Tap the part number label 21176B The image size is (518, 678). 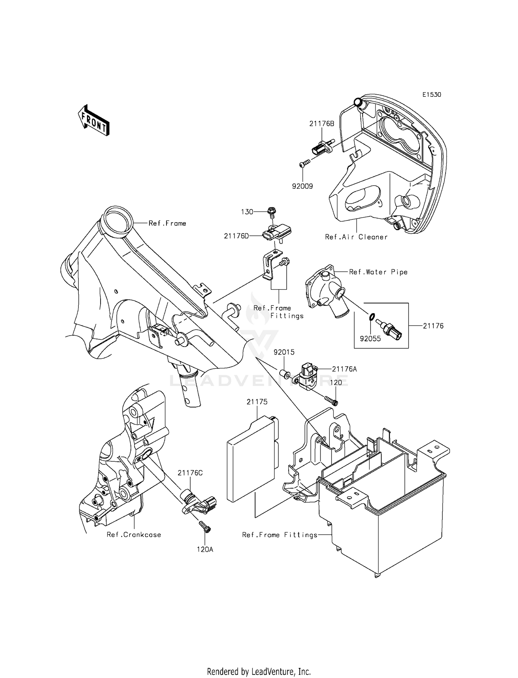click(x=322, y=123)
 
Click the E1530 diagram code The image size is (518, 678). click(x=431, y=95)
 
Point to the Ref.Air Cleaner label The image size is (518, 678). click(x=356, y=237)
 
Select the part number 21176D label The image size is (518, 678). click(x=236, y=236)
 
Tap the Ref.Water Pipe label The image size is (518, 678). click(x=378, y=272)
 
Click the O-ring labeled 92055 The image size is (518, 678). click(x=371, y=316)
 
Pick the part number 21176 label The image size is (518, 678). click(x=433, y=326)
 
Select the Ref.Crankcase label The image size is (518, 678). click(x=134, y=535)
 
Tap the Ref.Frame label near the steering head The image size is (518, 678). click(x=167, y=224)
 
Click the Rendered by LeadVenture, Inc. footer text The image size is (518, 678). click(x=259, y=671)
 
